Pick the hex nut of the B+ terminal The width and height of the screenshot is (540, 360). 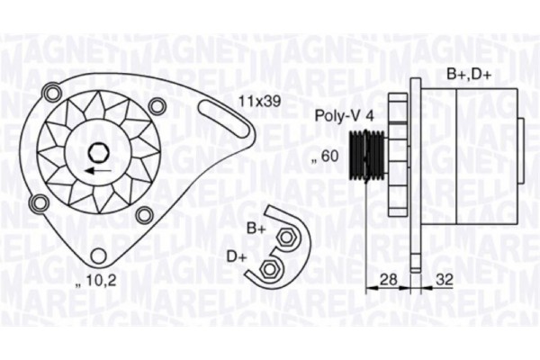coord(287,237)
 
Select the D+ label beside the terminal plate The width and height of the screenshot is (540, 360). coord(237,257)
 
